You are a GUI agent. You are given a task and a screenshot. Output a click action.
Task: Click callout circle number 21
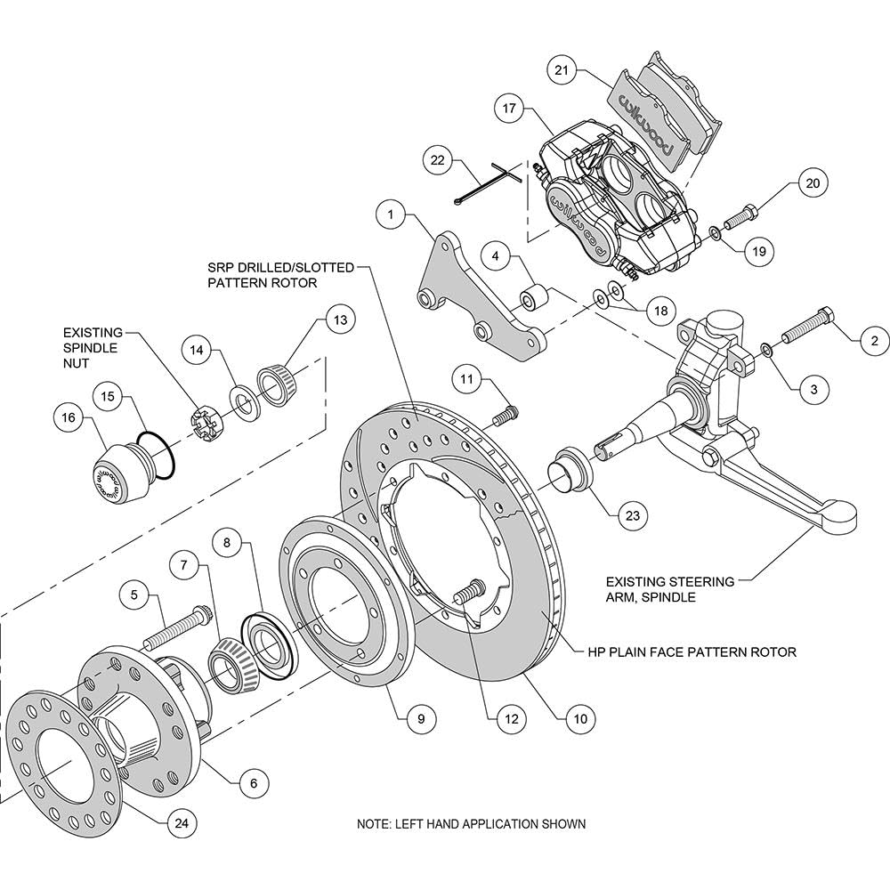(x=562, y=70)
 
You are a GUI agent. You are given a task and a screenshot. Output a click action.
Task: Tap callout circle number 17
(x=509, y=108)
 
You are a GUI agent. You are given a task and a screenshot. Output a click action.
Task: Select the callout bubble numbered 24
(x=182, y=822)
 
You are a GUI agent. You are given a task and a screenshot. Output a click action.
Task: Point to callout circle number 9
(x=421, y=718)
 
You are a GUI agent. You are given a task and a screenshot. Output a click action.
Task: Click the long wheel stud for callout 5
(x=179, y=628)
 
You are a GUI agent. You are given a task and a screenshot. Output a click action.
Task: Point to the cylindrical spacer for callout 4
(x=535, y=298)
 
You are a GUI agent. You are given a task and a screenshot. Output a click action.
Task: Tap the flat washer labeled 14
(x=245, y=402)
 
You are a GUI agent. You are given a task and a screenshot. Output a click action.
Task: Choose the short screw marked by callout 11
(x=506, y=417)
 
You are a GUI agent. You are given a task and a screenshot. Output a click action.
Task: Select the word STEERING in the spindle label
(x=702, y=581)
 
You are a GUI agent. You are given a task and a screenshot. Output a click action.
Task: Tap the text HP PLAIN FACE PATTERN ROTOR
(x=692, y=652)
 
